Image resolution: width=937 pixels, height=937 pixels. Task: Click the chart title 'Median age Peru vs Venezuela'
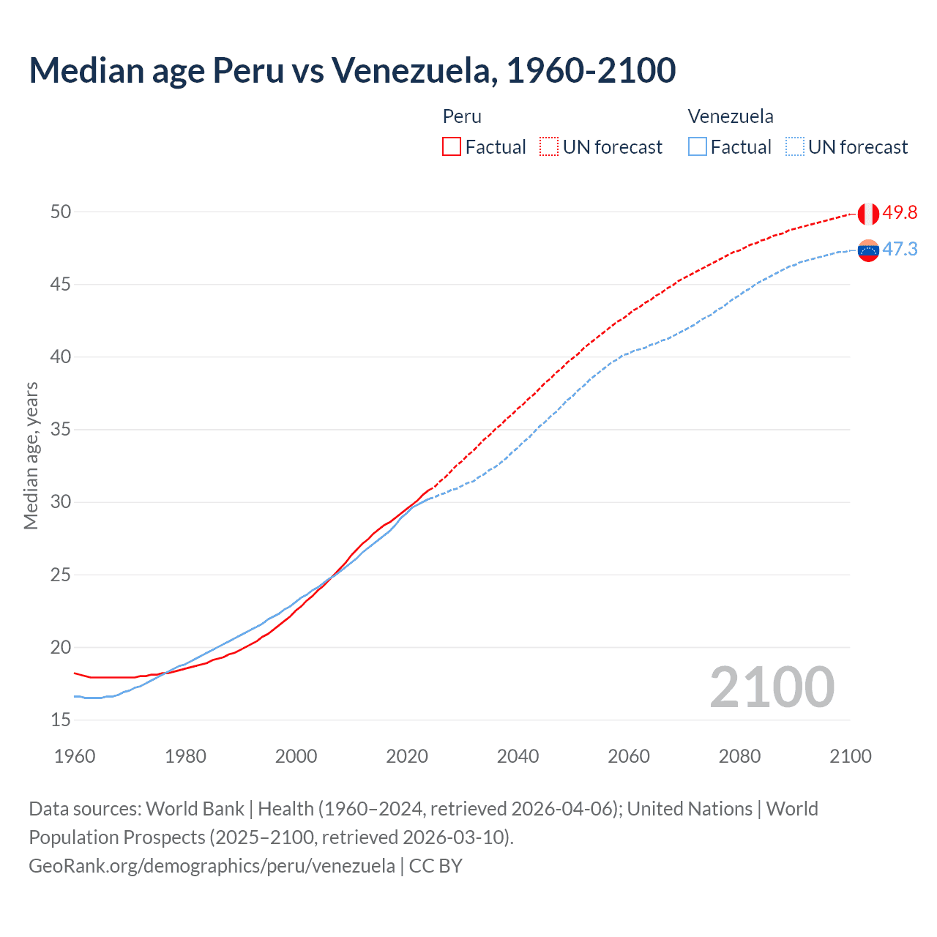pyautogui.click(x=351, y=70)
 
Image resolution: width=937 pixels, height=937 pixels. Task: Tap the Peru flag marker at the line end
pyautogui.click(x=868, y=214)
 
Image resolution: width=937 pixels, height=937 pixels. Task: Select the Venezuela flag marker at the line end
pyautogui.click(x=868, y=250)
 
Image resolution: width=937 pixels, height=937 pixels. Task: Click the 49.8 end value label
pyautogui.click(x=900, y=213)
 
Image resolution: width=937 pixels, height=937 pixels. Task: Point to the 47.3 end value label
pyautogui.click(x=900, y=250)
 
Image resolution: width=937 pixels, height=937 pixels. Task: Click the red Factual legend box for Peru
pyautogui.click(x=452, y=147)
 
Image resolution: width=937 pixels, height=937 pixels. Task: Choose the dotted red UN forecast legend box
pyautogui.click(x=549, y=147)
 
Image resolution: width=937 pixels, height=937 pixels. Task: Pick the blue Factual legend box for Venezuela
pyautogui.click(x=698, y=147)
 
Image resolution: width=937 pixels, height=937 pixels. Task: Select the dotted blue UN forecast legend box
pyautogui.click(x=795, y=147)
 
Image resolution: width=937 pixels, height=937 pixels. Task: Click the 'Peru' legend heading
pyautogui.click(x=462, y=116)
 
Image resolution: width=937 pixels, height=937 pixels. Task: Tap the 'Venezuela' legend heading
pyautogui.click(x=731, y=116)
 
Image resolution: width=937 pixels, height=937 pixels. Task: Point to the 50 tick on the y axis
pyautogui.click(x=61, y=212)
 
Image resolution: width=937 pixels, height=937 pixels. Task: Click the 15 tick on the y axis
pyautogui.click(x=61, y=720)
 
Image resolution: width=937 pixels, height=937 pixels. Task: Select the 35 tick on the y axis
pyautogui.click(x=61, y=430)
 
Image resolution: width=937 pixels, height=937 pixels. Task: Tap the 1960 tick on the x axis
pyautogui.click(x=75, y=756)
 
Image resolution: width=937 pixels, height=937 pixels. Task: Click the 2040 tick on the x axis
pyautogui.click(x=518, y=756)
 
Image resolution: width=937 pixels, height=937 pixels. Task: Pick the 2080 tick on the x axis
pyautogui.click(x=739, y=756)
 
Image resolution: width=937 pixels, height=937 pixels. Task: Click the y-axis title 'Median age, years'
pyautogui.click(x=31, y=455)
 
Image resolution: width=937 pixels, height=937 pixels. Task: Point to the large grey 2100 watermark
pyautogui.click(x=772, y=687)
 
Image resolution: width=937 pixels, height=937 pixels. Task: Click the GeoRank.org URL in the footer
pyautogui.click(x=212, y=866)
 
